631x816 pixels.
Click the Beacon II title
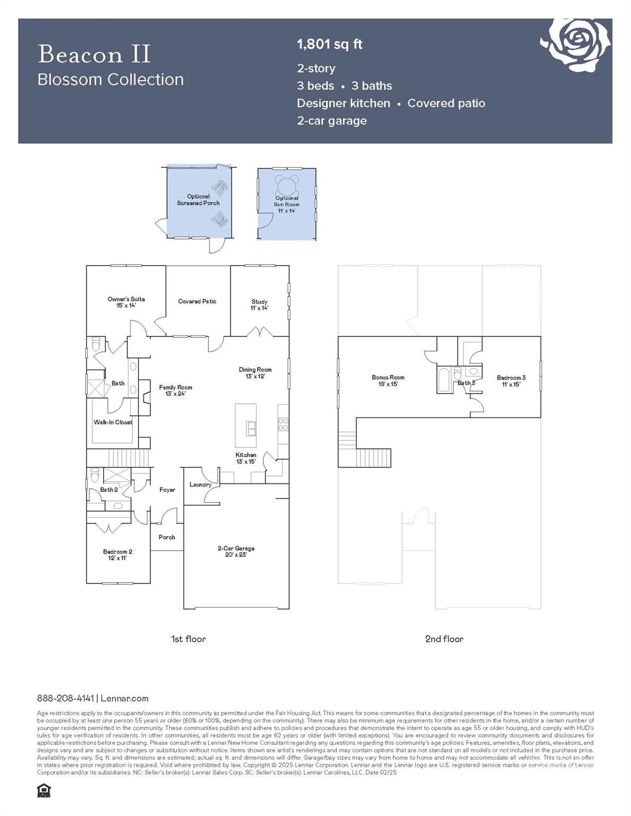[x=95, y=54]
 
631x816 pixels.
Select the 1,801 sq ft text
[x=330, y=44]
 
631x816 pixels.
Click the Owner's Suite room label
[x=126, y=302]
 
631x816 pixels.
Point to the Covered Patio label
[x=197, y=301]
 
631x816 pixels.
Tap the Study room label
[x=259, y=304]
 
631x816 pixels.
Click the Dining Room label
[x=255, y=372]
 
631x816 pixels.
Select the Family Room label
[x=175, y=390]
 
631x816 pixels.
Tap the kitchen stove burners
[x=283, y=423]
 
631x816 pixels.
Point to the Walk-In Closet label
[x=113, y=422]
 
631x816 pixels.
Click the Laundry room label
[x=200, y=484]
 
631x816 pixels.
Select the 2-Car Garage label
[x=236, y=551]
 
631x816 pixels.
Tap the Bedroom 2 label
[x=117, y=555]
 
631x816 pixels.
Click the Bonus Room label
[x=388, y=380]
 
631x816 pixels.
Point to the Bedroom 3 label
[x=511, y=381]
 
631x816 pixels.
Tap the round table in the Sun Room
[x=287, y=185]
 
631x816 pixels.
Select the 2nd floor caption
[x=444, y=639]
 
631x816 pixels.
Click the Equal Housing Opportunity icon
[x=44, y=790]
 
